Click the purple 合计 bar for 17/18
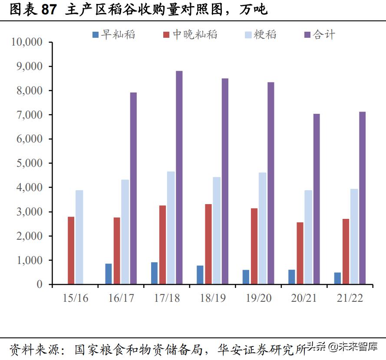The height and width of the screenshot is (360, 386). [179, 178]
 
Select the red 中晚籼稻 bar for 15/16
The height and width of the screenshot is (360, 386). [71, 251]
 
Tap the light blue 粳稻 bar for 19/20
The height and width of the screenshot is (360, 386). [263, 228]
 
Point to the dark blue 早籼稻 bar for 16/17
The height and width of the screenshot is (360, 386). [109, 274]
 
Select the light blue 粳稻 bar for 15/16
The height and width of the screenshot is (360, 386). [79, 237]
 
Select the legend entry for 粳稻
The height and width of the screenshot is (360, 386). [260, 34]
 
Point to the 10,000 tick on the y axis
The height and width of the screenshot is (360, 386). [27, 42]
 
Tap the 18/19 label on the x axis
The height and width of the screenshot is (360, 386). [213, 298]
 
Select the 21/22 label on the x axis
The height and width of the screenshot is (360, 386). [350, 298]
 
